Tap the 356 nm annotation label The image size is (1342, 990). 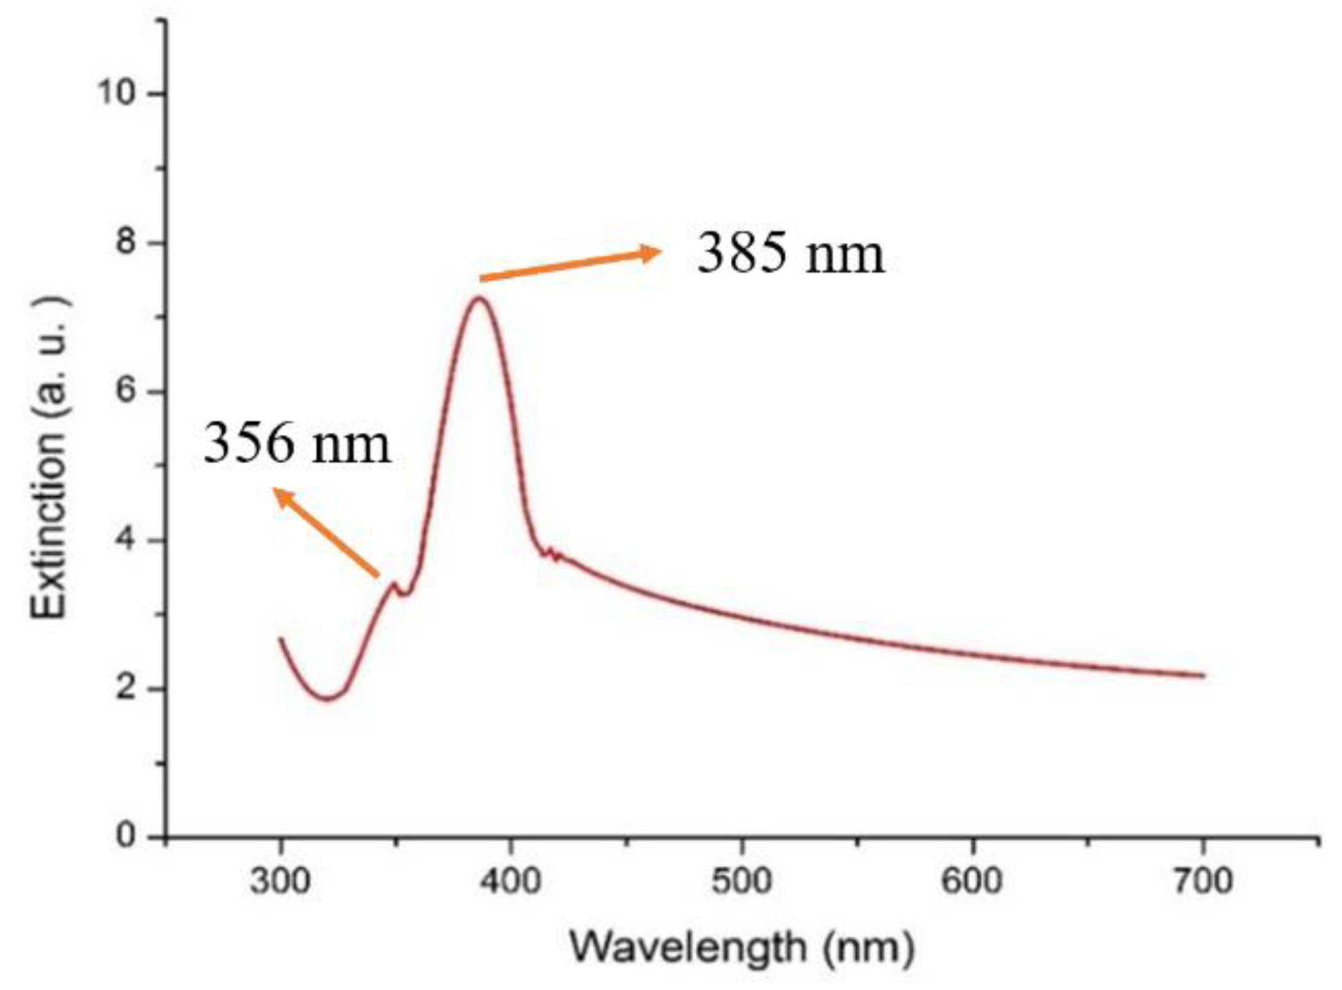297,443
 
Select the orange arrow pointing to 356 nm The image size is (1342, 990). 326,532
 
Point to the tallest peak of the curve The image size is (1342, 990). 479,299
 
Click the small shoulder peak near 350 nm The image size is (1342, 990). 393,583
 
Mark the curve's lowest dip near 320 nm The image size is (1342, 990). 328,698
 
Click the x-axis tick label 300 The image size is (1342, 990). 280,881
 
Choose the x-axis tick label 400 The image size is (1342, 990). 511,881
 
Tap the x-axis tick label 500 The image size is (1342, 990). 741,881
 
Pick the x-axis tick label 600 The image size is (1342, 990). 972,881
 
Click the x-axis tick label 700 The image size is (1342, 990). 1203,881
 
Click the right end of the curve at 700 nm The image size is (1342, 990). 1203,676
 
